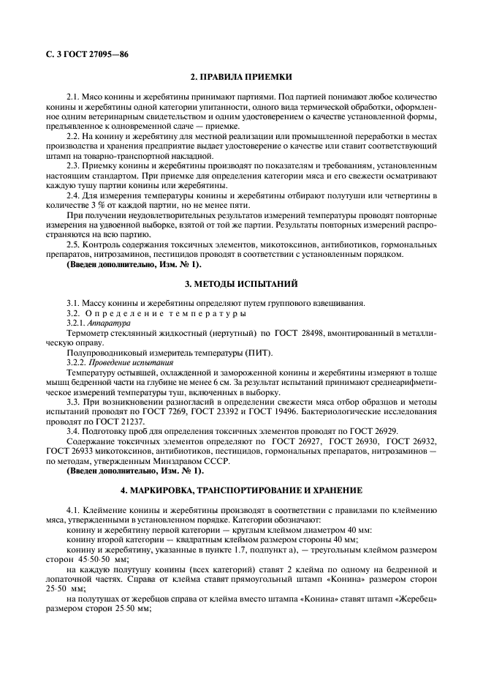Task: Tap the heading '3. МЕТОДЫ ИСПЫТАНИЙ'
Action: point(241,282)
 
